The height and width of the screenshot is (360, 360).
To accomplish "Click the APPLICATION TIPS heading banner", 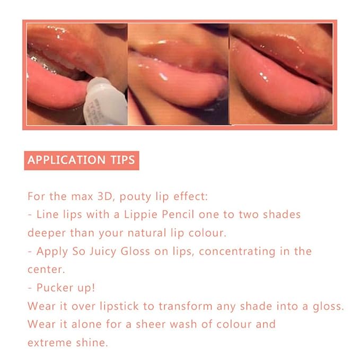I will [x=81, y=160].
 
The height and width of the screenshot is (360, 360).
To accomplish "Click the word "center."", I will [x=45, y=270].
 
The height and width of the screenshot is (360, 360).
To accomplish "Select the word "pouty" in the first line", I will [x=136, y=197].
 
